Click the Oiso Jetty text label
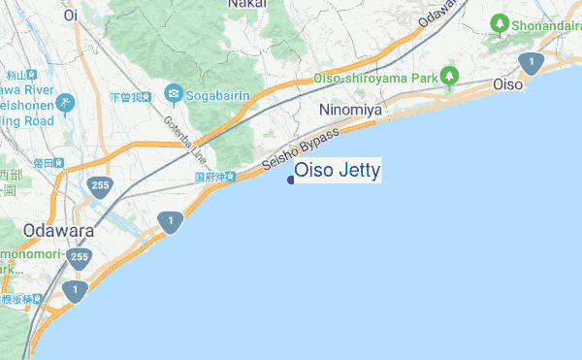337,171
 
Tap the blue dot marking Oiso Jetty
291,179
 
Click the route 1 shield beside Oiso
530,63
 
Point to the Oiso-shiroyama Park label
374,78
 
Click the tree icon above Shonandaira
500,21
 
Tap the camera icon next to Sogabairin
174,94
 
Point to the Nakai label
247,5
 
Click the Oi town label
70,16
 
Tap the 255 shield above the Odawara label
99,185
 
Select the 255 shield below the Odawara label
80,258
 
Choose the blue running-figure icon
65,102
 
